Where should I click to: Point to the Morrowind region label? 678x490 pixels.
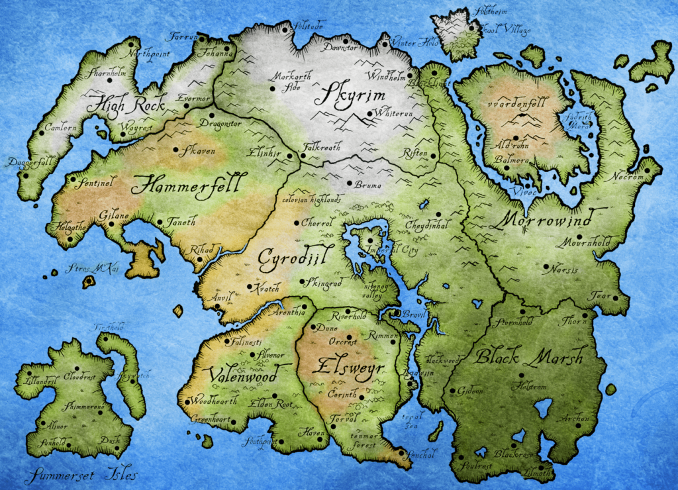(x=545, y=218)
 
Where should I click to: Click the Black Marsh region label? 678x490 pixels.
(x=528, y=358)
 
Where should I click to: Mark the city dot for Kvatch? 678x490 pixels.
(x=249, y=287)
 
